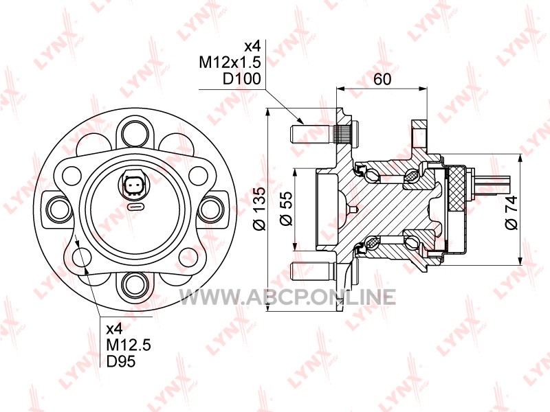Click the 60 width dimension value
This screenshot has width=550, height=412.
point(382,79)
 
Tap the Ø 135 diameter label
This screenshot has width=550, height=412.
point(261,209)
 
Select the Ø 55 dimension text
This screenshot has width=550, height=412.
point(286,209)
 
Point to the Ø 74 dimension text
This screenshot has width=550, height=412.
point(511,213)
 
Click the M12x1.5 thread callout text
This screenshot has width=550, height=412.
point(230,62)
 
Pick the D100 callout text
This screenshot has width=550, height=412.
point(242,79)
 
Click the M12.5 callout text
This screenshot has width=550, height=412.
point(129,345)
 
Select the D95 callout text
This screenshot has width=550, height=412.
point(121,361)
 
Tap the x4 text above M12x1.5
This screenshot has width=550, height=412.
point(253,46)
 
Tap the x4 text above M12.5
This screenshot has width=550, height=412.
point(115,329)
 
